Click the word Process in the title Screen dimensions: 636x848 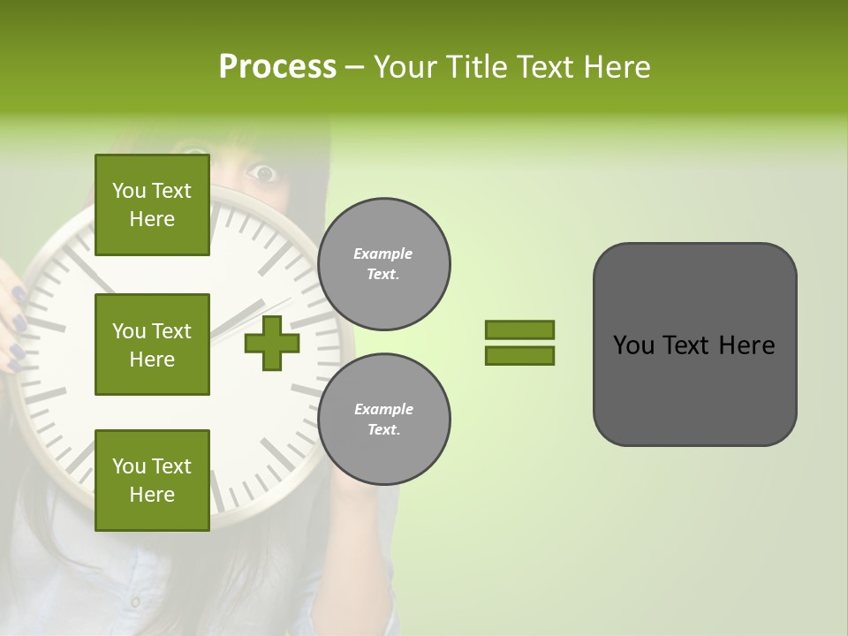[x=277, y=67]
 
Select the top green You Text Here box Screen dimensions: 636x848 [x=152, y=205]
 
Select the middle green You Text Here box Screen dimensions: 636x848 [x=152, y=344]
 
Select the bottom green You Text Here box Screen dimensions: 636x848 [x=152, y=480]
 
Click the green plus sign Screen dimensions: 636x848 [x=272, y=343]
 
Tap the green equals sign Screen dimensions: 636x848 [x=519, y=343]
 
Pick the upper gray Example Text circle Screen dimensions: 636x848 [x=383, y=264]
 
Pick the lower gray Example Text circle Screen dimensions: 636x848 [x=383, y=419]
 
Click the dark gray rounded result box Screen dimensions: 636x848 [x=694, y=344]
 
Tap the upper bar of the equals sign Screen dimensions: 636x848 [x=519, y=330]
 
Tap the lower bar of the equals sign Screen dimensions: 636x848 [x=519, y=355]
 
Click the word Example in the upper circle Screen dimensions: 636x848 [x=383, y=254]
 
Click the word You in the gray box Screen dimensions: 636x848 [x=634, y=345]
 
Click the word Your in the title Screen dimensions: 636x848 [x=406, y=67]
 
